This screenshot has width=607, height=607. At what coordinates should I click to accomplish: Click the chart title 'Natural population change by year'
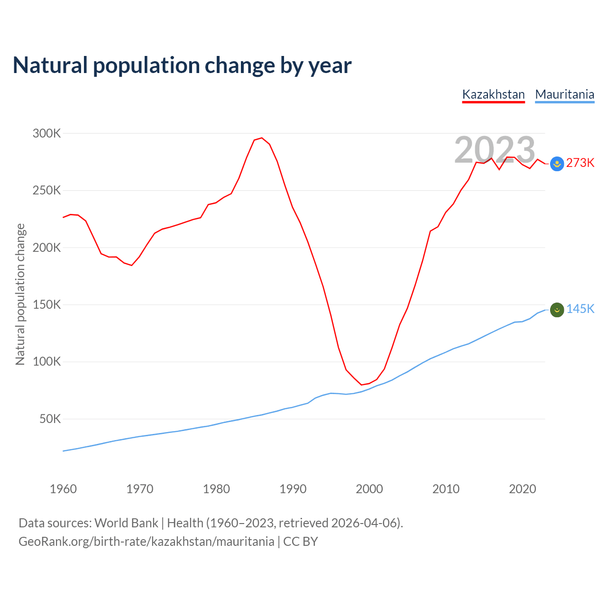tap(182, 65)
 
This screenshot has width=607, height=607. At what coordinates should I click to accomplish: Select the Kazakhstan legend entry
tap(493, 94)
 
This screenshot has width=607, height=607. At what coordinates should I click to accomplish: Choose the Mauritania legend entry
tap(564, 94)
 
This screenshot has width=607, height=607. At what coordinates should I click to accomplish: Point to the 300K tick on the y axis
tap(46, 133)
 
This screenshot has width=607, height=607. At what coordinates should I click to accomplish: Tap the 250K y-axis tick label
tap(46, 191)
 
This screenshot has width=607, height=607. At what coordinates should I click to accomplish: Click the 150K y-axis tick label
tap(46, 304)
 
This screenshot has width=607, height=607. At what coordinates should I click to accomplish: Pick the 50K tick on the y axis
tap(50, 419)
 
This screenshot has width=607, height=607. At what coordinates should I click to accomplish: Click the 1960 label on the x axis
tap(63, 489)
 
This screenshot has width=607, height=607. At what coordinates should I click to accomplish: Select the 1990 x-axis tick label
tap(293, 489)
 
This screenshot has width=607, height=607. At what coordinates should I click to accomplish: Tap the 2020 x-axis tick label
tap(522, 489)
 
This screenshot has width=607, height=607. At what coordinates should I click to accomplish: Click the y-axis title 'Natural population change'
tap(20, 294)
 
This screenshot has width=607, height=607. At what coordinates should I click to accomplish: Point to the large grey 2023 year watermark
tap(495, 150)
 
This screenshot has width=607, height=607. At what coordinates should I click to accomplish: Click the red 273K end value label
tap(580, 163)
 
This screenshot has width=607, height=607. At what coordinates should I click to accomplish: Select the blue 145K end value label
tap(580, 309)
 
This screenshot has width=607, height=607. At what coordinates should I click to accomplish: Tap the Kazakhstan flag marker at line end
tap(557, 164)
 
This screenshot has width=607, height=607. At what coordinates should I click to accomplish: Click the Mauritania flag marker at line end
tap(557, 310)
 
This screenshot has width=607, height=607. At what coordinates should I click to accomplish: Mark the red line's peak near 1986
tap(262, 138)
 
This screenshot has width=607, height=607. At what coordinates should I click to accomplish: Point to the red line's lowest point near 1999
tap(361, 385)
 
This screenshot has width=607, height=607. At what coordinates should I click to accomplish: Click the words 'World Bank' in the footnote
tap(126, 523)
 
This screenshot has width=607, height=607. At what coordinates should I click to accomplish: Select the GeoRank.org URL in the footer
tap(146, 542)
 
